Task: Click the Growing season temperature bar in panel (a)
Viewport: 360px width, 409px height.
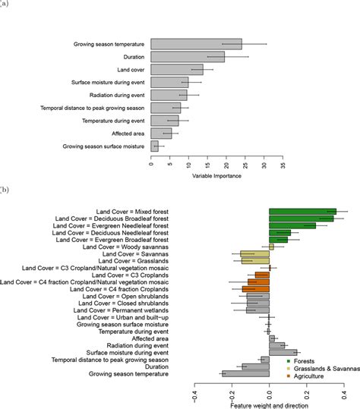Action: (196, 44)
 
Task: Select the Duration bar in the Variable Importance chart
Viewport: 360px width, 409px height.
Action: (188, 57)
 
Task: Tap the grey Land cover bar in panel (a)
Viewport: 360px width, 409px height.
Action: (177, 70)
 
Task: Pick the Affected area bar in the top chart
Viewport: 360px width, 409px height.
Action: (161, 134)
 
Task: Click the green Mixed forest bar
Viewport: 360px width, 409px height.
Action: (303, 212)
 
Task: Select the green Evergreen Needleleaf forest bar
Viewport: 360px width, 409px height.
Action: (292, 225)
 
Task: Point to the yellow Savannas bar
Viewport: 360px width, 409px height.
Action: (254, 253)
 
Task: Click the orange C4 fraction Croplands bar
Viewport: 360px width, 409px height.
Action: (256, 289)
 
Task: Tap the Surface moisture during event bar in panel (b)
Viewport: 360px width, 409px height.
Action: (283, 353)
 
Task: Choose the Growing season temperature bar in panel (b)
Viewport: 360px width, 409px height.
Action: (245, 374)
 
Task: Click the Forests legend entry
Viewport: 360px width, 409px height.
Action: (301, 361)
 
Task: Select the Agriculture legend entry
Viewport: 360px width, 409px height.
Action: (305, 376)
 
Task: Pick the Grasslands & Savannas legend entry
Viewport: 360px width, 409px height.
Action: (324, 369)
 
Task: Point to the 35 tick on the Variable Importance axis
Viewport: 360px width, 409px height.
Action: (283, 165)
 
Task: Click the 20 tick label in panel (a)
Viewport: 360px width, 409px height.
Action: (226, 165)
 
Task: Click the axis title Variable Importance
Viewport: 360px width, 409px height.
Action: (216, 176)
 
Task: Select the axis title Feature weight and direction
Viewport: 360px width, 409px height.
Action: (269, 406)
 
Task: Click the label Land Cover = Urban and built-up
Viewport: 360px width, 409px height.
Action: (123, 317)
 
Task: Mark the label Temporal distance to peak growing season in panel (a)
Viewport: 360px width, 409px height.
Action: (93, 108)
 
